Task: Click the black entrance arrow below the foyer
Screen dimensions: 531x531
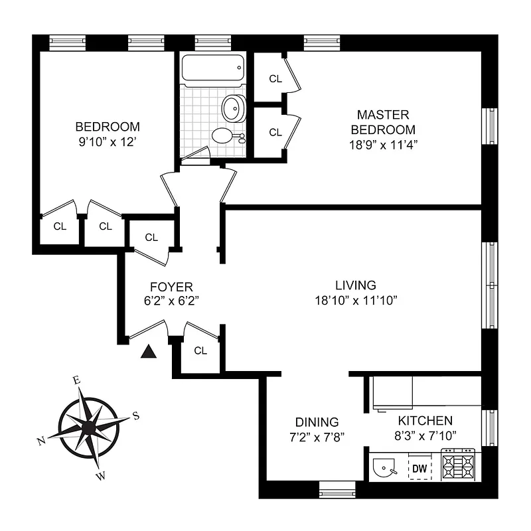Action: click(149, 351)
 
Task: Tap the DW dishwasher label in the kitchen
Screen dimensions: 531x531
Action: click(419, 469)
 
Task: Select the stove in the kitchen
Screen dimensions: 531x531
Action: click(459, 466)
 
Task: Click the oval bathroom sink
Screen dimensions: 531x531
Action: click(232, 108)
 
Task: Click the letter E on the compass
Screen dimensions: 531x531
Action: click(77, 380)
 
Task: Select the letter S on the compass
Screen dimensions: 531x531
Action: click(135, 416)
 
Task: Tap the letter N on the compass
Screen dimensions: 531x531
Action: click(41, 441)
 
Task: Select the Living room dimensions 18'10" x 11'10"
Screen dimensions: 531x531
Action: click(356, 300)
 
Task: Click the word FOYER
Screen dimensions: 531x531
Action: click(171, 287)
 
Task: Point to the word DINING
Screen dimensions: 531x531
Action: click(317, 422)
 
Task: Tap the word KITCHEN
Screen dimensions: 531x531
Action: click(425, 421)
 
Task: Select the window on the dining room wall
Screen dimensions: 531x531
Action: click(337, 492)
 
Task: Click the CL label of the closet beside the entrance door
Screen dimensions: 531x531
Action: click(200, 350)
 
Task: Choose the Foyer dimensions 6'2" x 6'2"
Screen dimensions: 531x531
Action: click(171, 300)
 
